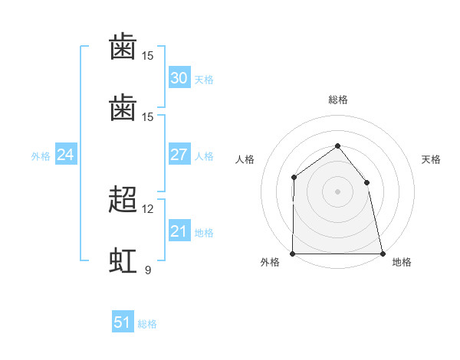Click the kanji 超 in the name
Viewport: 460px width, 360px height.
tap(123, 199)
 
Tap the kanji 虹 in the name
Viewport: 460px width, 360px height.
tap(123, 260)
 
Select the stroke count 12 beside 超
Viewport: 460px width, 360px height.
tap(147, 209)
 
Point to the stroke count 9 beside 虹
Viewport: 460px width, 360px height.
tap(148, 270)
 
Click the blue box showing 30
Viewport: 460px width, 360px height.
tap(179, 77)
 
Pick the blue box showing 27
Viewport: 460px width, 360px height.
tap(179, 154)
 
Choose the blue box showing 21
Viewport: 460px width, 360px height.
tap(179, 230)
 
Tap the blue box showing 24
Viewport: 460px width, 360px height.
tap(66, 154)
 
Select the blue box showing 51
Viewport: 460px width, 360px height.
tap(123, 321)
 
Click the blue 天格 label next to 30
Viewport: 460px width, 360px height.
tap(204, 80)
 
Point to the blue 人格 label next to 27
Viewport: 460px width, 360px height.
tap(204, 156)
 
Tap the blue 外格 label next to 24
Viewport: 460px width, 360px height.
tap(41, 156)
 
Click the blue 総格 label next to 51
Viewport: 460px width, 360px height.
tap(147, 324)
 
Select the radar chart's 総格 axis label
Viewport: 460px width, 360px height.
tap(338, 100)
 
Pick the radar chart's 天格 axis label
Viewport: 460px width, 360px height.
tap(431, 159)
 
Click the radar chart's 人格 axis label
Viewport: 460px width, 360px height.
tap(245, 159)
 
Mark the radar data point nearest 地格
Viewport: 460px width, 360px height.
tap(383, 254)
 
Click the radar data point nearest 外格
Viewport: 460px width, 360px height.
tap(293, 254)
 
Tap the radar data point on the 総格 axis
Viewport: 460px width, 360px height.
tap(337, 146)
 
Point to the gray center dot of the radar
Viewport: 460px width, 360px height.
tap(337, 191)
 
